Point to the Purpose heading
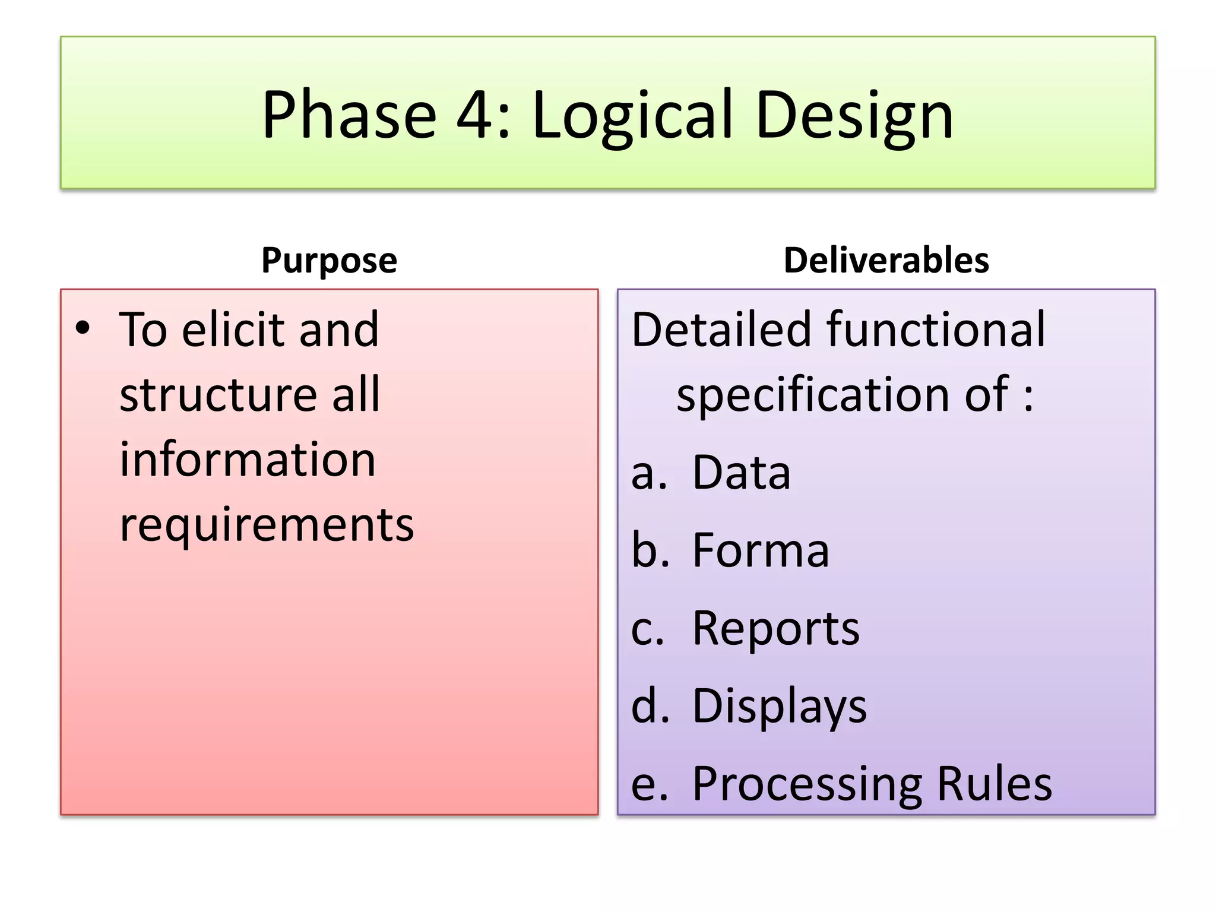pyautogui.click(x=329, y=260)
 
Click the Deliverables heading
pyautogui.click(x=886, y=260)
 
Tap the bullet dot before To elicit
pyautogui.click(x=83, y=328)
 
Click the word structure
pyautogui.click(x=217, y=395)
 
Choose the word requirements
pyautogui.click(x=267, y=525)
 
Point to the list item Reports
pyautogui.click(x=775, y=628)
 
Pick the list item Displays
pyautogui.click(x=779, y=707)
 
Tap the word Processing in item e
pyautogui.click(x=807, y=785)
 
